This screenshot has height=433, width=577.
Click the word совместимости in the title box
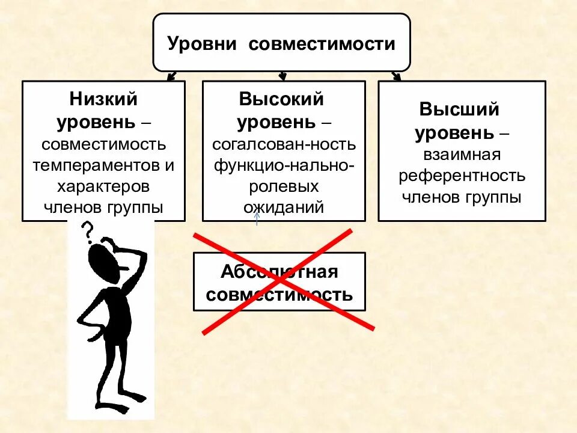pos(322,44)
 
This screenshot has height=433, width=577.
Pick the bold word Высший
pos(460,110)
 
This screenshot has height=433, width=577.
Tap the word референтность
pos(462,176)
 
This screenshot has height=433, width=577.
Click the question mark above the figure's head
pos(88,230)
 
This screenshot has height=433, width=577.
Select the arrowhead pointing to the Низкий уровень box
pos(171,77)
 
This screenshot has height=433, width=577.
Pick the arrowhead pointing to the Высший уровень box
pos(396,76)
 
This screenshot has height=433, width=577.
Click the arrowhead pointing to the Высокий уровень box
pos(282,77)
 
